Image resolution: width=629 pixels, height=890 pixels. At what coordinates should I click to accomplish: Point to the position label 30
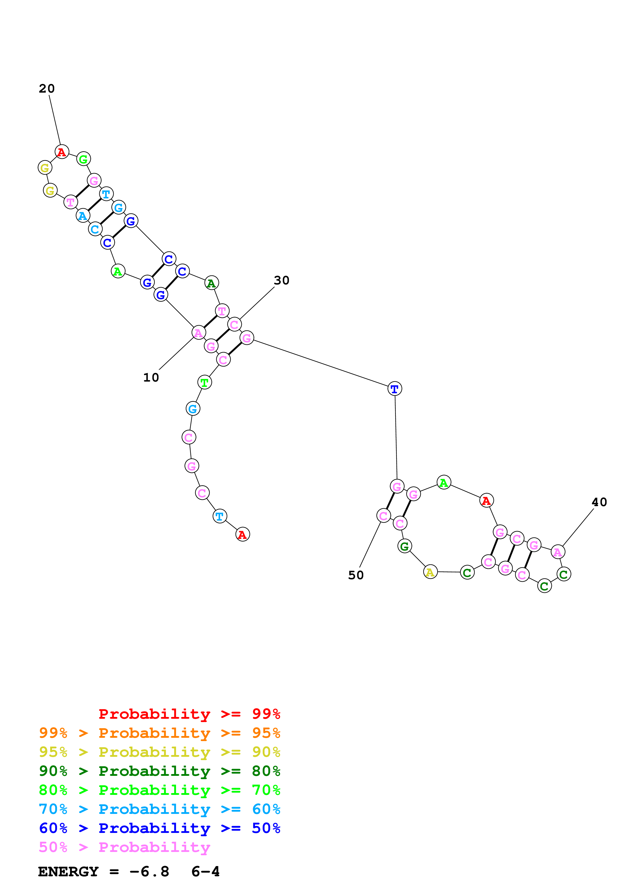coord(281,280)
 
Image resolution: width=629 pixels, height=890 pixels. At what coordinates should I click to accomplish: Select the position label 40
coord(599,502)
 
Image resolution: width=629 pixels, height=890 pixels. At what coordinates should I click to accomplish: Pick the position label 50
coord(355,575)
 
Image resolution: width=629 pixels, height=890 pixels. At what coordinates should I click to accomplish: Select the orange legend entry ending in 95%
coord(159,733)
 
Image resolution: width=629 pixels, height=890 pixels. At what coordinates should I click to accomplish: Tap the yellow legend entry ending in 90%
coord(159,752)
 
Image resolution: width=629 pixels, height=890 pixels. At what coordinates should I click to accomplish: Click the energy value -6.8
coord(149,871)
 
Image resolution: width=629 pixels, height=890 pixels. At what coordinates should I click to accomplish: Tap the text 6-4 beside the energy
coord(206,871)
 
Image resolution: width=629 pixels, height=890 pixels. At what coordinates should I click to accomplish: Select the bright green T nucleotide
coord(204,382)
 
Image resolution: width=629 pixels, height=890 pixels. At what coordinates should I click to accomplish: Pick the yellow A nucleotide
coord(430,572)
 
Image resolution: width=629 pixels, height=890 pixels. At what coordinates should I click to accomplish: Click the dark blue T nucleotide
coord(395,388)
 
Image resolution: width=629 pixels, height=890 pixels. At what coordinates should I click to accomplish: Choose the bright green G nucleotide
coord(83,159)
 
